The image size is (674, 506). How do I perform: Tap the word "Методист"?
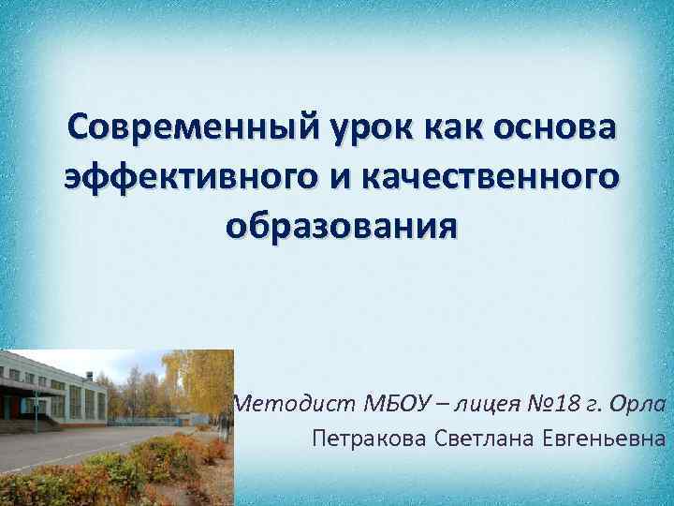290,404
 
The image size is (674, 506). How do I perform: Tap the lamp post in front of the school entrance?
36,412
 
